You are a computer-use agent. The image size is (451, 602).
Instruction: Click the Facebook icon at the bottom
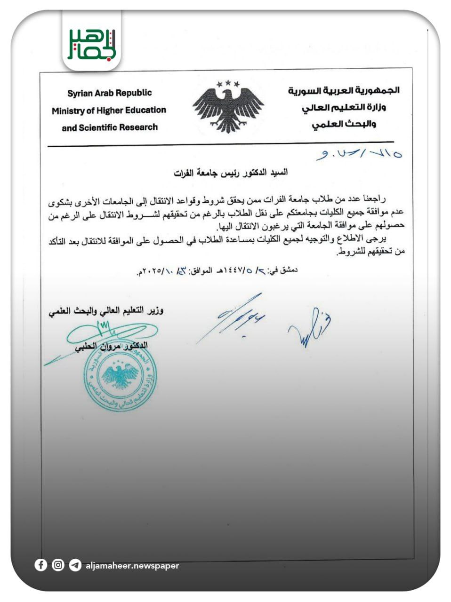[41, 565]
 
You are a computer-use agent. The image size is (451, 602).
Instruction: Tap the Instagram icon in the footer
[58, 565]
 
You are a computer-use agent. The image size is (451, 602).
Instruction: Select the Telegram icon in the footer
[75, 565]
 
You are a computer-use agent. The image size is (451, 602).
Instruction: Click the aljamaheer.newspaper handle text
[132, 566]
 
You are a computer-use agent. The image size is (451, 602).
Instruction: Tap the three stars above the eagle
[228, 84]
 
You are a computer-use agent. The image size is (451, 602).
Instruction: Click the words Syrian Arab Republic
[109, 93]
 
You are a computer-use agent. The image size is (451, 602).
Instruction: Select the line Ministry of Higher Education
[109, 111]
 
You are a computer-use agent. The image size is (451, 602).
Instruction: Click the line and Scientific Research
[109, 127]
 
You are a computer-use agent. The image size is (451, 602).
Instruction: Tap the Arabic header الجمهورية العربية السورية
[344, 90]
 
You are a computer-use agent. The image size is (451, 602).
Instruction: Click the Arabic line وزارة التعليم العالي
[344, 107]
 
